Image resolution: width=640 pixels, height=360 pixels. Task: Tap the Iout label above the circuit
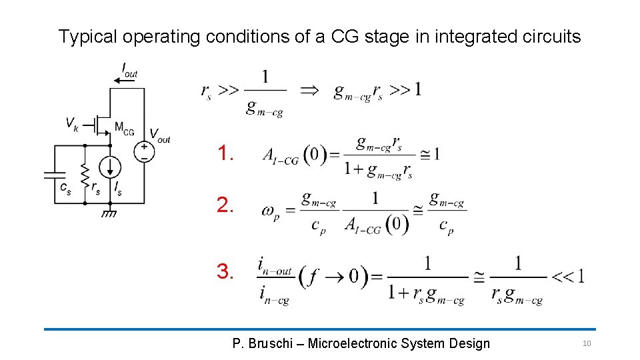click(129, 69)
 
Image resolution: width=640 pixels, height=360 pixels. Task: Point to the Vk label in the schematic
click(71, 123)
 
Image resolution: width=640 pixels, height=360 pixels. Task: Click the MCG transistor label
click(124, 127)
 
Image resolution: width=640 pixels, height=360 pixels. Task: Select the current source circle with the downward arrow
click(110, 166)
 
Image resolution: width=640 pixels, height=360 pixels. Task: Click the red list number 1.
click(225, 155)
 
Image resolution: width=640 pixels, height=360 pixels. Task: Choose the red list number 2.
click(225, 206)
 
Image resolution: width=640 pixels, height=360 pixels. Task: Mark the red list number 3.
click(225, 272)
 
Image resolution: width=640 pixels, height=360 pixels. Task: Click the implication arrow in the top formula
click(310, 90)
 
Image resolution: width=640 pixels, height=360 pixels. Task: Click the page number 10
click(587, 343)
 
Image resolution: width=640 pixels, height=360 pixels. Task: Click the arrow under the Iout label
click(125, 79)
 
